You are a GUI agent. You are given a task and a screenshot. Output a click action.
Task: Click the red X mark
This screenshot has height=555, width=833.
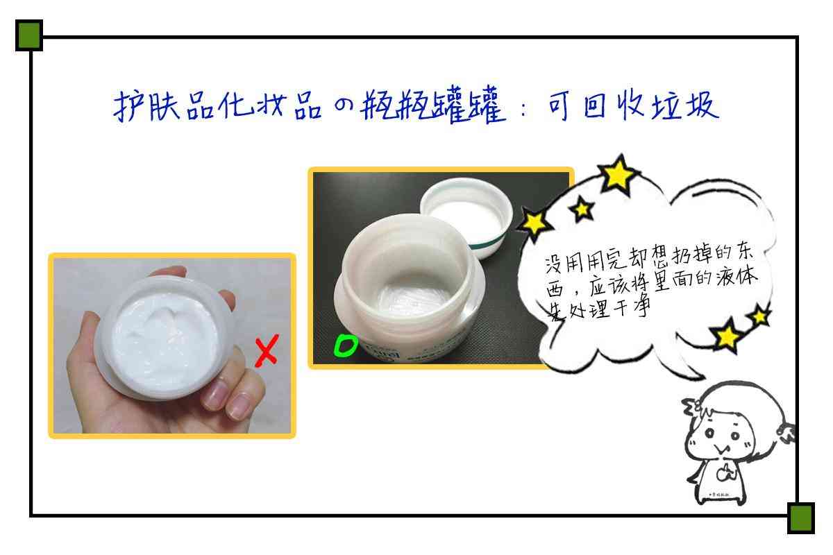click(267, 350)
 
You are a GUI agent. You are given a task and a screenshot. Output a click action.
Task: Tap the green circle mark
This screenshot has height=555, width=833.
click(346, 345)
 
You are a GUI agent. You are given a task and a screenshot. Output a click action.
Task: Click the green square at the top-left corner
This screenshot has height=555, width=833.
click(29, 35)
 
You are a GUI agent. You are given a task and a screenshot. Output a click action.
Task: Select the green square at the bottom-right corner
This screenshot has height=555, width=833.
click(800, 518)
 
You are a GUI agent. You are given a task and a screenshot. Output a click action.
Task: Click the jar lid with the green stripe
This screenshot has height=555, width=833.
click(467, 216)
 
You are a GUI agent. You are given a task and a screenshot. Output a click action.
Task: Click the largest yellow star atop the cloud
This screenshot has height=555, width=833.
click(618, 174)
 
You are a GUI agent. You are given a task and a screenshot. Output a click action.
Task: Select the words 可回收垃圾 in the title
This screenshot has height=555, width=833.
click(633, 105)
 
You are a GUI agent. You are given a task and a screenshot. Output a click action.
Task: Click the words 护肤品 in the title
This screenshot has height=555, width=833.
click(164, 106)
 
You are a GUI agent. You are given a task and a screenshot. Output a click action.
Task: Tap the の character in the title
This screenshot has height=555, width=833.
click(343, 105)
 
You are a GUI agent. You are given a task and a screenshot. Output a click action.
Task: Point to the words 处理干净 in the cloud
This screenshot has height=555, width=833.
click(609, 309)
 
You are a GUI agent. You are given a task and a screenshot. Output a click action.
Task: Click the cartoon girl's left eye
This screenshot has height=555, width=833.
click(709, 434)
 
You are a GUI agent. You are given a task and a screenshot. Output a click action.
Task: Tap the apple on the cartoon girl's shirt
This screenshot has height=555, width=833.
click(725, 472)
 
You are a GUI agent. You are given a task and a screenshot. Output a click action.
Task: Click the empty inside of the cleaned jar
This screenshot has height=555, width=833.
click(409, 293)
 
